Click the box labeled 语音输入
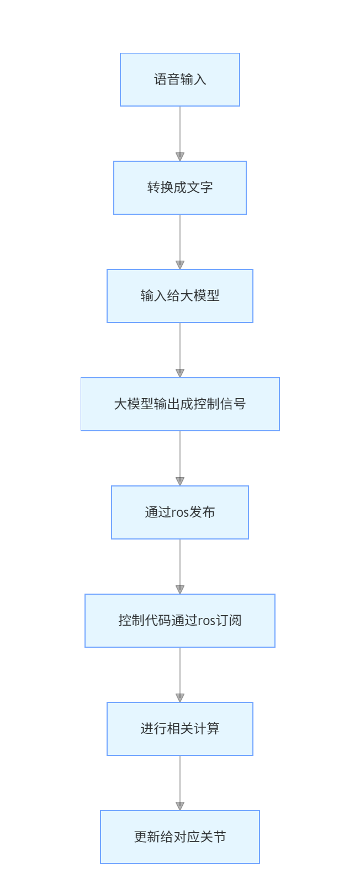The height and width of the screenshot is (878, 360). click(180, 80)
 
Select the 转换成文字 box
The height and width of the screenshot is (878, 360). click(180, 188)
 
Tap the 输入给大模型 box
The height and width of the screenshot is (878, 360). click(180, 296)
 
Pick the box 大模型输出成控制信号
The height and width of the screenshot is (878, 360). click(180, 404)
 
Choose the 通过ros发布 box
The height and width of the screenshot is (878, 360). click(180, 512)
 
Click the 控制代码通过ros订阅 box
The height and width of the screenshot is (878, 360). click(180, 621)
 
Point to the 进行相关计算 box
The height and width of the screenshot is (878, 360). click(180, 729)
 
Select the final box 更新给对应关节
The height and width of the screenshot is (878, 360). click(180, 837)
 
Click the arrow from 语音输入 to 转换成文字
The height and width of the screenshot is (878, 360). click(180, 133)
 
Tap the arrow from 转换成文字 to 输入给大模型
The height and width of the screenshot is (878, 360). click(180, 241)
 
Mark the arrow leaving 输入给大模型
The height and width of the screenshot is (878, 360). click(180, 350)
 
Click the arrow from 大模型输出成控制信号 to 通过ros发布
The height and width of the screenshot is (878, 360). click(180, 458)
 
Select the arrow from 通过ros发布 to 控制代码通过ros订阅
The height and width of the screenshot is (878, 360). click(180, 566)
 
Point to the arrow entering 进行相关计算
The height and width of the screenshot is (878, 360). click(180, 674)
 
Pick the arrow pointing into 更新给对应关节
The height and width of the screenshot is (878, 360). click(180, 782)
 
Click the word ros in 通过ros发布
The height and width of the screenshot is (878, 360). click(180, 513)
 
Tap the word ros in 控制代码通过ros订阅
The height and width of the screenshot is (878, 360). click(207, 621)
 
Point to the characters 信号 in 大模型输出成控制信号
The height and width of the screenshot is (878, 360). click(233, 404)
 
